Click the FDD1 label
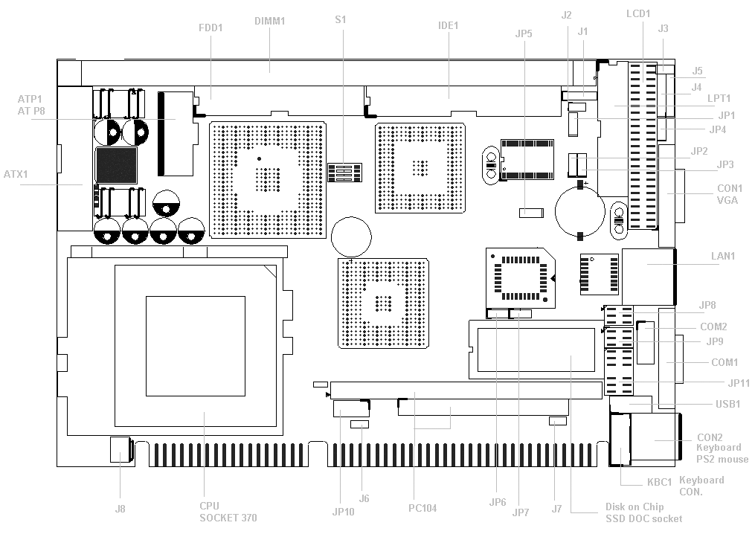211,28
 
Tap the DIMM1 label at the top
269,21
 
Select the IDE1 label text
448,25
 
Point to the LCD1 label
638,14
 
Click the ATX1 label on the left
16,174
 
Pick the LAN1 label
723,256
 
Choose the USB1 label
727,404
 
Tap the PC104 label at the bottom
423,508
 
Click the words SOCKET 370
228,518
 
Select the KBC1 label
659,482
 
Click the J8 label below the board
120,509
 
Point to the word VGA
727,200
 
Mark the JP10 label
344,512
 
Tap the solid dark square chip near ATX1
117,166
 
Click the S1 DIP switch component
344,173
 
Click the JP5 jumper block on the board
531,213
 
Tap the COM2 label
713,327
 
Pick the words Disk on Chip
634,507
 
